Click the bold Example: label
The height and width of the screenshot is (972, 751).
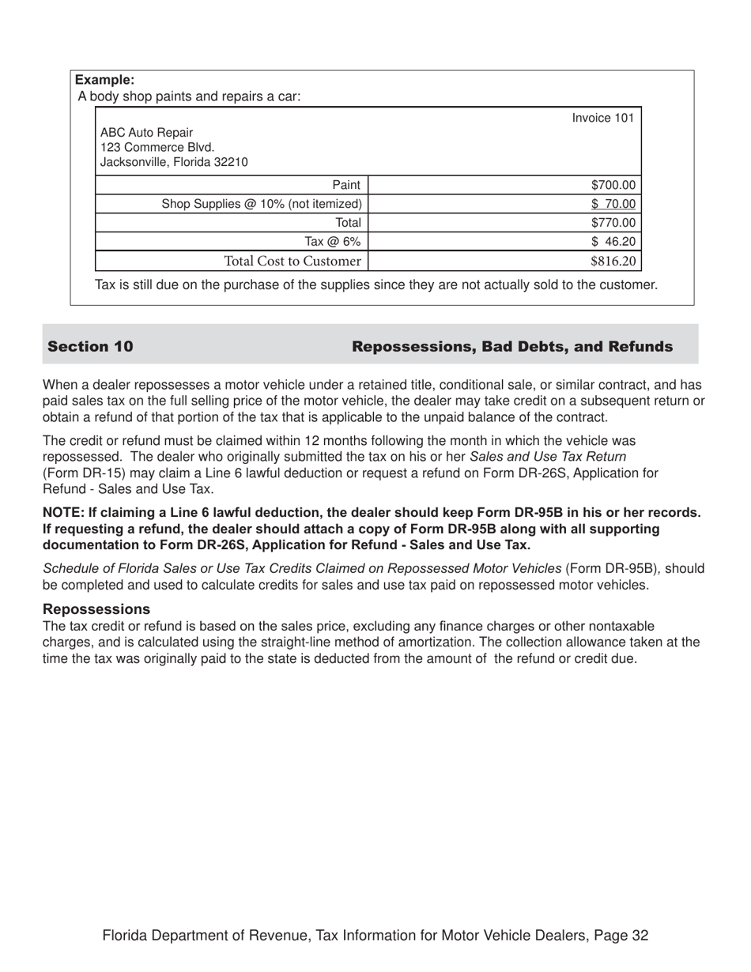[104, 80]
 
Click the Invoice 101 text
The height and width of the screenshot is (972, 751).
[602, 118]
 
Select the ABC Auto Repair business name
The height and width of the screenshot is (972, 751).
[146, 132]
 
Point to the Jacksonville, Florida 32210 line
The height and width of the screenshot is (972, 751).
[174, 162]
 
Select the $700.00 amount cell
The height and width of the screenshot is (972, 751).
[613, 185]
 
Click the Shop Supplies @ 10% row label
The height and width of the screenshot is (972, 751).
[262, 204]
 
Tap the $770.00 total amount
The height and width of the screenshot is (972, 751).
[613, 223]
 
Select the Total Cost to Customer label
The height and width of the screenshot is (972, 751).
[292, 261]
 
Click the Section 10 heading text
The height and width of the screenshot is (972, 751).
[90, 346]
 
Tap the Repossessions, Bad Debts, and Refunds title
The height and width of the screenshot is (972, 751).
[512, 346]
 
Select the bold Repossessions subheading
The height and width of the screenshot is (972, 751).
[96, 609]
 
